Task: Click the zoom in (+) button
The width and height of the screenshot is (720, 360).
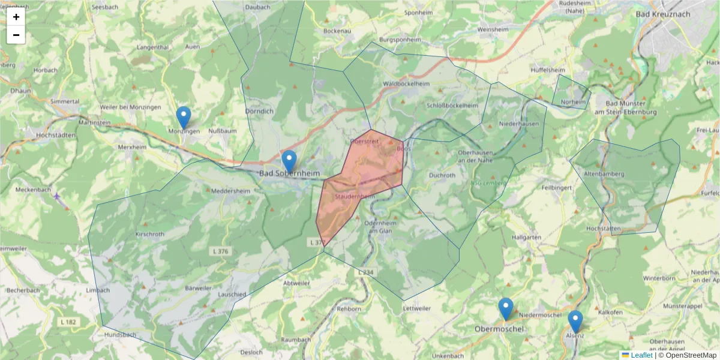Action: [x=16, y=17]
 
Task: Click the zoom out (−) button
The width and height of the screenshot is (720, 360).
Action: [x=16, y=35]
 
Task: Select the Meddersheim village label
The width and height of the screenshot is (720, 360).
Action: [x=229, y=191]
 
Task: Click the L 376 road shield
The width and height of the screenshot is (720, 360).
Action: [x=220, y=251]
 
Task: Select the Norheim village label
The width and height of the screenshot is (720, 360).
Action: [x=573, y=102]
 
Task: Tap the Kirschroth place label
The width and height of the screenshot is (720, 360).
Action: [x=150, y=233]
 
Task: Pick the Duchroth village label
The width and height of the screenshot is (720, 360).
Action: [x=443, y=175]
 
